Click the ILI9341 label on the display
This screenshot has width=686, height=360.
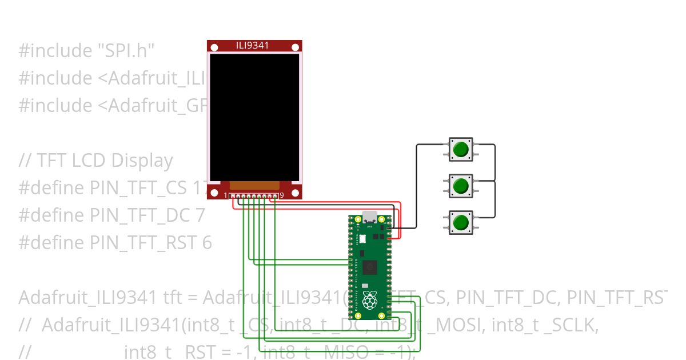[253, 46]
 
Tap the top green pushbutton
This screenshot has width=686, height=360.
[460, 150]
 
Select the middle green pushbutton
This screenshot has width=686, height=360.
[460, 186]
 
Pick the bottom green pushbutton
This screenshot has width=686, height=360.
[460, 222]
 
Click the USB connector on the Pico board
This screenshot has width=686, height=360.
[370, 217]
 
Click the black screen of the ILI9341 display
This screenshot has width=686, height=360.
[254, 117]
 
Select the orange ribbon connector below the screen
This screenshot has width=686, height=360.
[254, 185]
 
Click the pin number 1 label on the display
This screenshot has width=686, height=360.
[226, 196]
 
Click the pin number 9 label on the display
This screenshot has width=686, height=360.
[282, 195]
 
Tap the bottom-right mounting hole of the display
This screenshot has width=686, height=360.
[295, 193]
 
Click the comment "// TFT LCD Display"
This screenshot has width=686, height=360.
[95, 161]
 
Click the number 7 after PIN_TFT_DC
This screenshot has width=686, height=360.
[200, 215]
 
